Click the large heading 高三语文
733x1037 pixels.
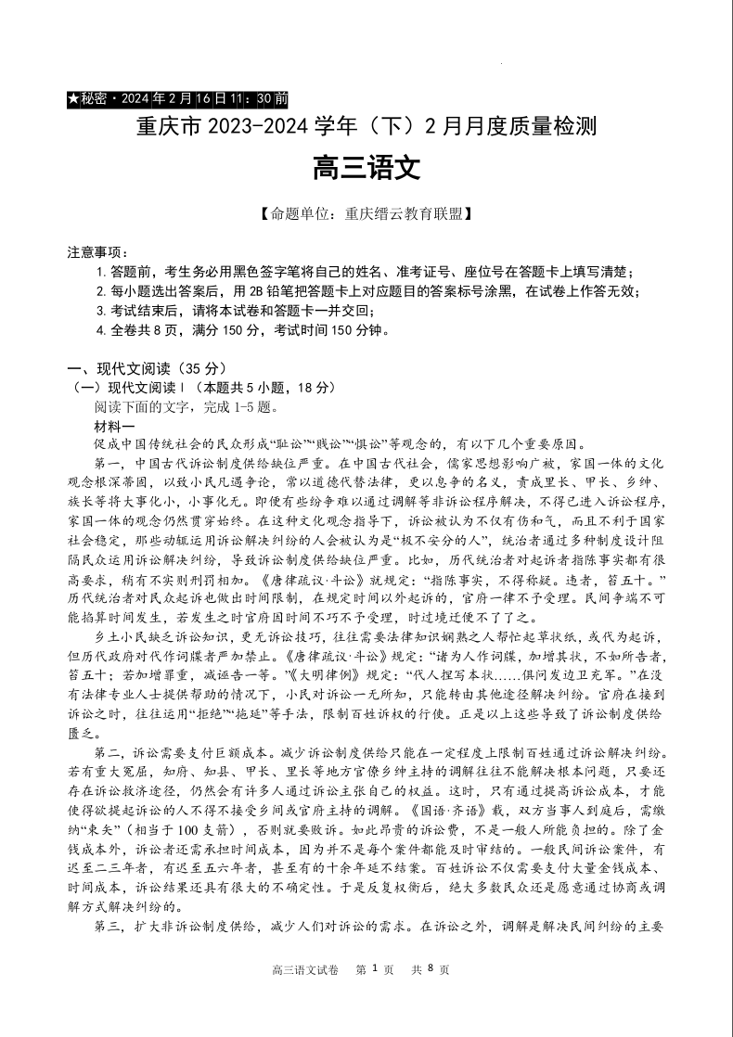click(x=366, y=168)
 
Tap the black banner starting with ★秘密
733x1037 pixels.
click(x=178, y=98)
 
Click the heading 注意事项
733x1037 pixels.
click(x=97, y=252)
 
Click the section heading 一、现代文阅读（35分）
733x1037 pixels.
click(x=146, y=368)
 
